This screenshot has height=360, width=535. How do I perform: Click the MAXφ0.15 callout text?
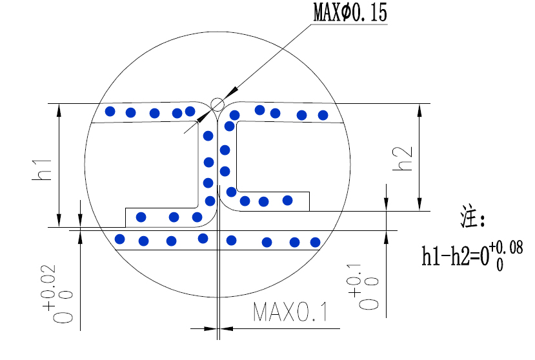350,12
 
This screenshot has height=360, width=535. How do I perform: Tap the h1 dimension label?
42,170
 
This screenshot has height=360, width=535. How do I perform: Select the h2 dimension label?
403,159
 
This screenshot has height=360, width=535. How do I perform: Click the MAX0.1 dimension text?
290,312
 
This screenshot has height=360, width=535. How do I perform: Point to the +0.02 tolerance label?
58,294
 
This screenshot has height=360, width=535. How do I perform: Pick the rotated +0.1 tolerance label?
363,286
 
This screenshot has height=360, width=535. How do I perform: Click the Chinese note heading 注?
472,216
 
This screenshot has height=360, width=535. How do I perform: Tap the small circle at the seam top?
217,105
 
